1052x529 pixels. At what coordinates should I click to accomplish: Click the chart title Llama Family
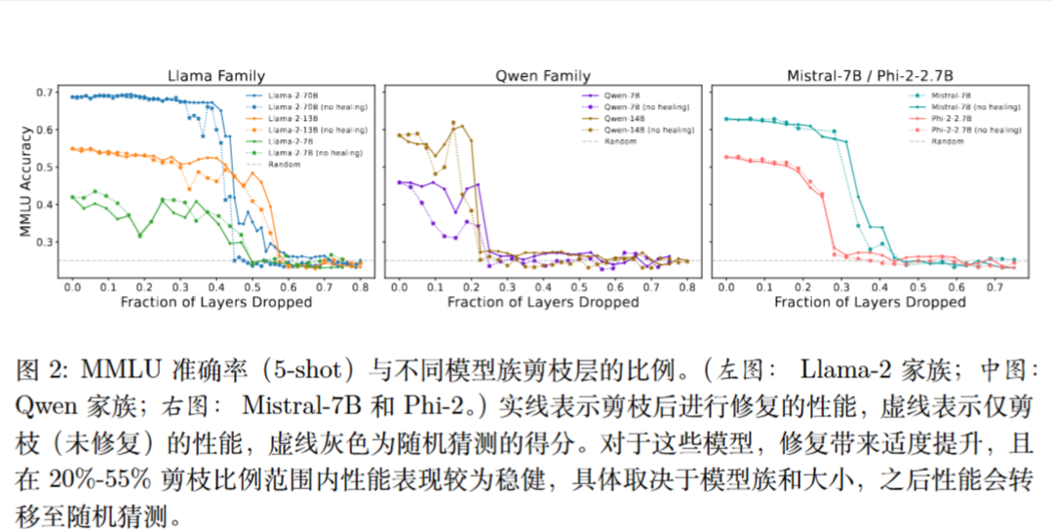click(215, 75)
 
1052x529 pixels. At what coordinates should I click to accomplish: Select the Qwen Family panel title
click(543, 75)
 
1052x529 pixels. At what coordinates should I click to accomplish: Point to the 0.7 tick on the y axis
click(47, 93)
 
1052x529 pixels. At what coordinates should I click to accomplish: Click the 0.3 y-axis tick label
click(47, 242)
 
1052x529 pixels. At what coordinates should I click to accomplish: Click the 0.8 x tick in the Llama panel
click(359, 288)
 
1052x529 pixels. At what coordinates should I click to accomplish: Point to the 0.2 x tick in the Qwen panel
click(471, 288)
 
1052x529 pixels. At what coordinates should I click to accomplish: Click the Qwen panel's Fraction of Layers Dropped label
click(543, 303)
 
